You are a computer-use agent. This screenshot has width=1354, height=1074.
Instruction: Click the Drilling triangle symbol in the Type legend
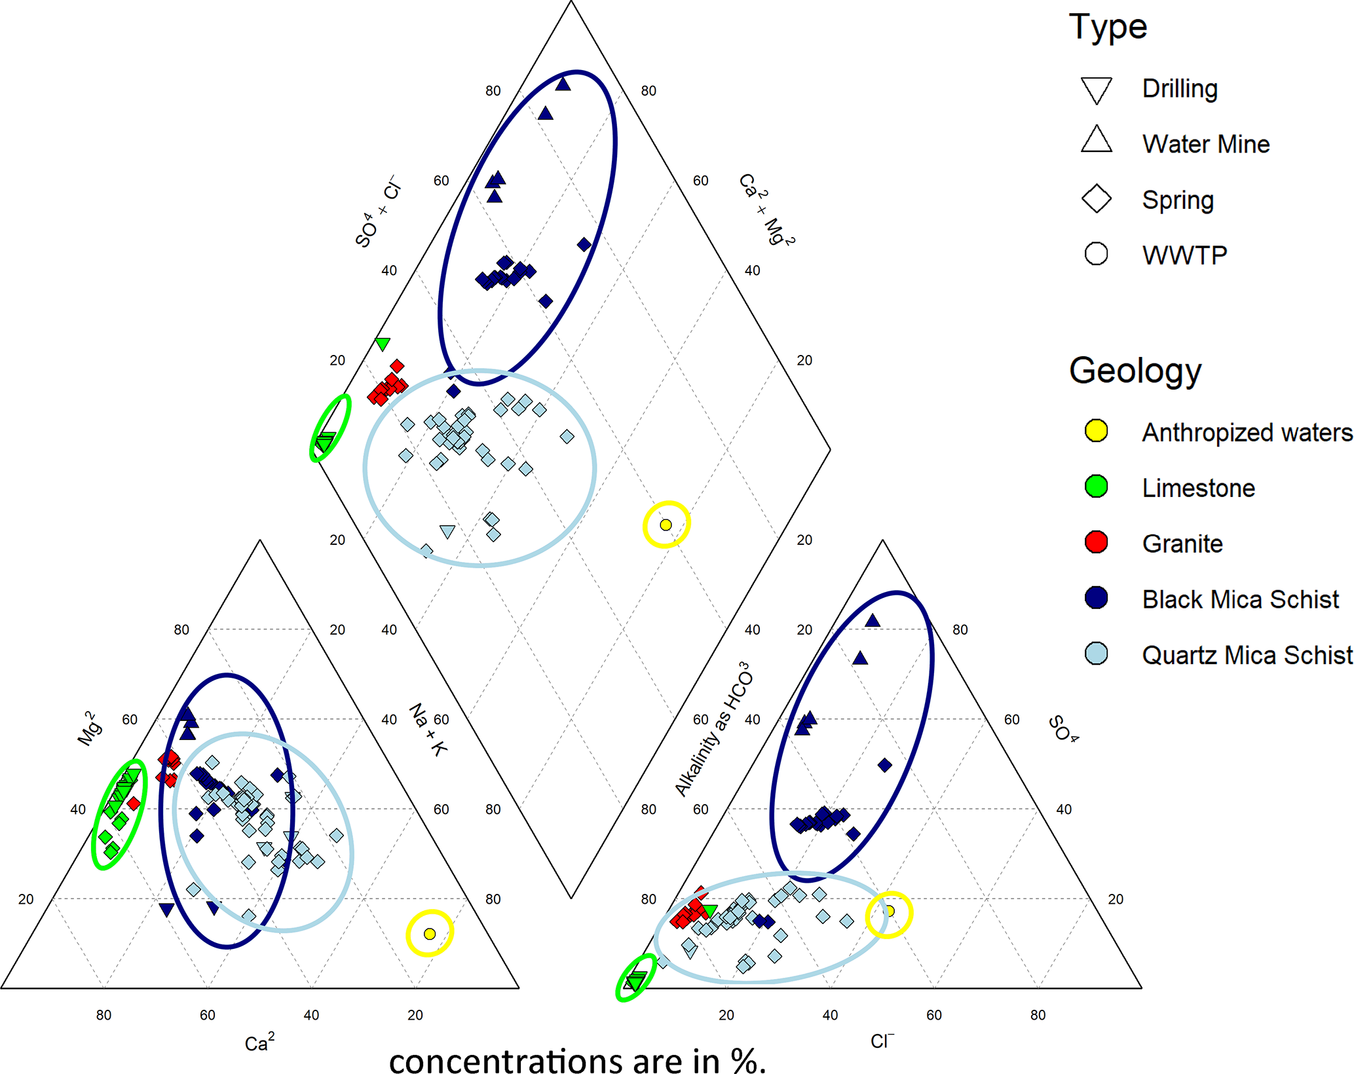pos(1096,90)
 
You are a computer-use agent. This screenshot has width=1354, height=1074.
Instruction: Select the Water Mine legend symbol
pos(1096,139)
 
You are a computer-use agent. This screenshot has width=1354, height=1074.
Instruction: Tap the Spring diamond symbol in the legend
pos(1096,198)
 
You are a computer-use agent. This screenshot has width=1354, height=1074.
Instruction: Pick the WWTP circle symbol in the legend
pos(1096,254)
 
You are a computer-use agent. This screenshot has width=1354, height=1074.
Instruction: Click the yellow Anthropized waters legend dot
pos(1096,431)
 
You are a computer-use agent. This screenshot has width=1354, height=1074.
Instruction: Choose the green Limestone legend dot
pos(1096,487)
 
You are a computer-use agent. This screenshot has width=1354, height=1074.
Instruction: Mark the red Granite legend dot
pos(1096,542)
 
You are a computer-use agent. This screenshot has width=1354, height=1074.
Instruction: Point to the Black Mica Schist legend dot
pos(1096,598)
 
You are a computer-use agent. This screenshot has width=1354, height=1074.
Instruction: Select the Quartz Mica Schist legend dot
pos(1096,654)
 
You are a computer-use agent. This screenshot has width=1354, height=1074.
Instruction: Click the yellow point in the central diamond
pos(666,525)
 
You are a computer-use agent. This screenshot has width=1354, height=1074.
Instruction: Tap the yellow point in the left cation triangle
pos(430,934)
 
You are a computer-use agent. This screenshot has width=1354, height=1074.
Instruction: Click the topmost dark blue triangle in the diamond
pos(563,84)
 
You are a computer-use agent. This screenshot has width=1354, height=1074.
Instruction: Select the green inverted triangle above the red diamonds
pos(383,344)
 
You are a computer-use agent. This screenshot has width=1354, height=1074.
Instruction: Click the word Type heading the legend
pos(1108,28)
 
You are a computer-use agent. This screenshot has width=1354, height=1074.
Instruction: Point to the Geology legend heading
pos(1135,371)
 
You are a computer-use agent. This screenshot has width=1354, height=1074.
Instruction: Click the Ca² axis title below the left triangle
pos(259,1042)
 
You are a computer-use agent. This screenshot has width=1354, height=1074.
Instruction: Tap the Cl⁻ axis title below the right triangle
pos(882,1041)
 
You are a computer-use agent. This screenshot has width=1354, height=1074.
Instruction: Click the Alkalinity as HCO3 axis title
pos(713,729)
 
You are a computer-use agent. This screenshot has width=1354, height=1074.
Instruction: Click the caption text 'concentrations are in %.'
pos(577,1060)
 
